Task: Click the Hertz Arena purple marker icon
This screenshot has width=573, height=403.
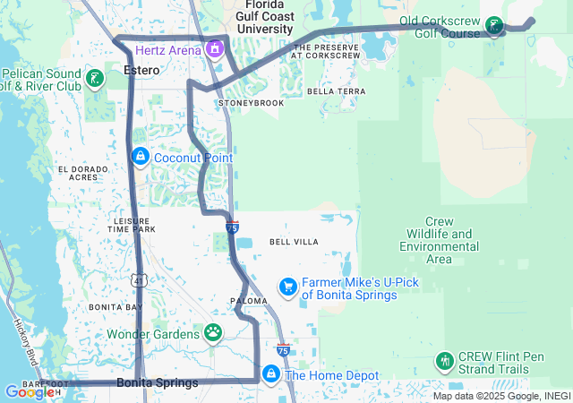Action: (x=215, y=48)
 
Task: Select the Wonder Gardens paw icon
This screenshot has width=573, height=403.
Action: (x=213, y=334)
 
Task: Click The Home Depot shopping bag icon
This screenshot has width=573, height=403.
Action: (x=270, y=373)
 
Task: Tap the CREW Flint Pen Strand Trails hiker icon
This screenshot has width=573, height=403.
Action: (x=444, y=362)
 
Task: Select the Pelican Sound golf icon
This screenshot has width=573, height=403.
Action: (x=96, y=78)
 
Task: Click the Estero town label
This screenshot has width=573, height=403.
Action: (x=142, y=71)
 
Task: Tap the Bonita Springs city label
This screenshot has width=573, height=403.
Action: (x=158, y=383)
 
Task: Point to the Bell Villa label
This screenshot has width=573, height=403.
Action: (x=294, y=242)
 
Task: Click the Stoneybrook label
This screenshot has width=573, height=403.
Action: (x=251, y=104)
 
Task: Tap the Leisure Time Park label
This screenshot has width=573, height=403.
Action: (x=132, y=225)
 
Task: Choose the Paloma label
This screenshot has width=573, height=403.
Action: (x=249, y=302)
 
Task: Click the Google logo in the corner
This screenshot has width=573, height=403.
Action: (x=29, y=392)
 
